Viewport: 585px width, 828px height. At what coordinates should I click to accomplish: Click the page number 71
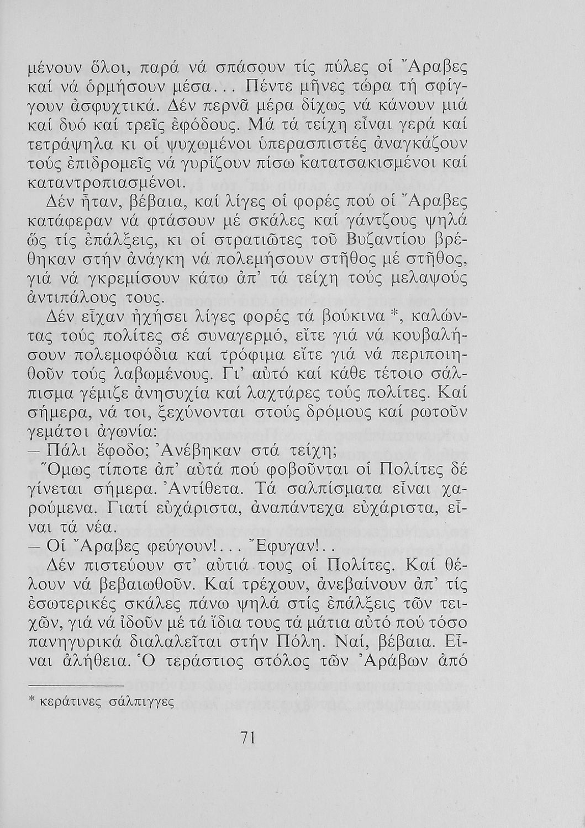tap(246, 739)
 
